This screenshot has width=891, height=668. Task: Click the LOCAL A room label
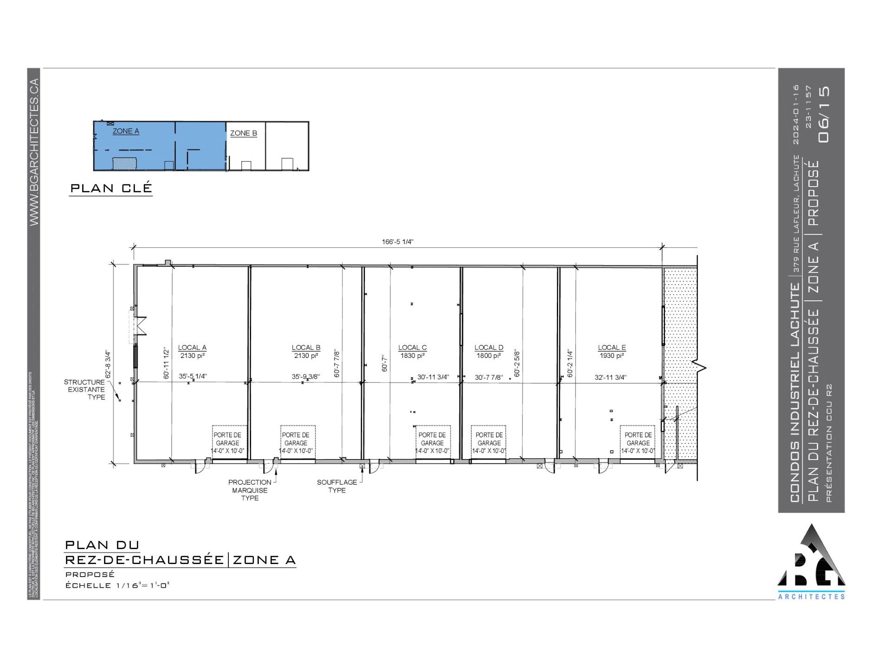[192, 347]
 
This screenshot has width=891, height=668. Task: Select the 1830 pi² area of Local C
[412, 356]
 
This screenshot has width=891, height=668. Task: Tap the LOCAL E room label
[612, 347]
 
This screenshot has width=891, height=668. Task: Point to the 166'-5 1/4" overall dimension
[398, 241]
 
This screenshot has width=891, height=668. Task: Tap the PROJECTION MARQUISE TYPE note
[250, 490]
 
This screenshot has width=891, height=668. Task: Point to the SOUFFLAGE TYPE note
[337, 486]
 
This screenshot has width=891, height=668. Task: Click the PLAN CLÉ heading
[111, 188]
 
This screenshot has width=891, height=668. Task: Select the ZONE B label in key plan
[244, 133]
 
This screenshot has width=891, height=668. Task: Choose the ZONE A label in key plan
[126, 131]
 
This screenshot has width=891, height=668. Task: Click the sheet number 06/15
[824, 114]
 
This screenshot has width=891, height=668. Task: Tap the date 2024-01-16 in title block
[796, 114]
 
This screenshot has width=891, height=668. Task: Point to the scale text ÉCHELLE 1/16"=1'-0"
[117, 585]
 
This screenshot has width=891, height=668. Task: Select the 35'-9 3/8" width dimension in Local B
[305, 376]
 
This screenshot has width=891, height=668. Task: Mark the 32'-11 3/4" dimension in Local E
[610, 377]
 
